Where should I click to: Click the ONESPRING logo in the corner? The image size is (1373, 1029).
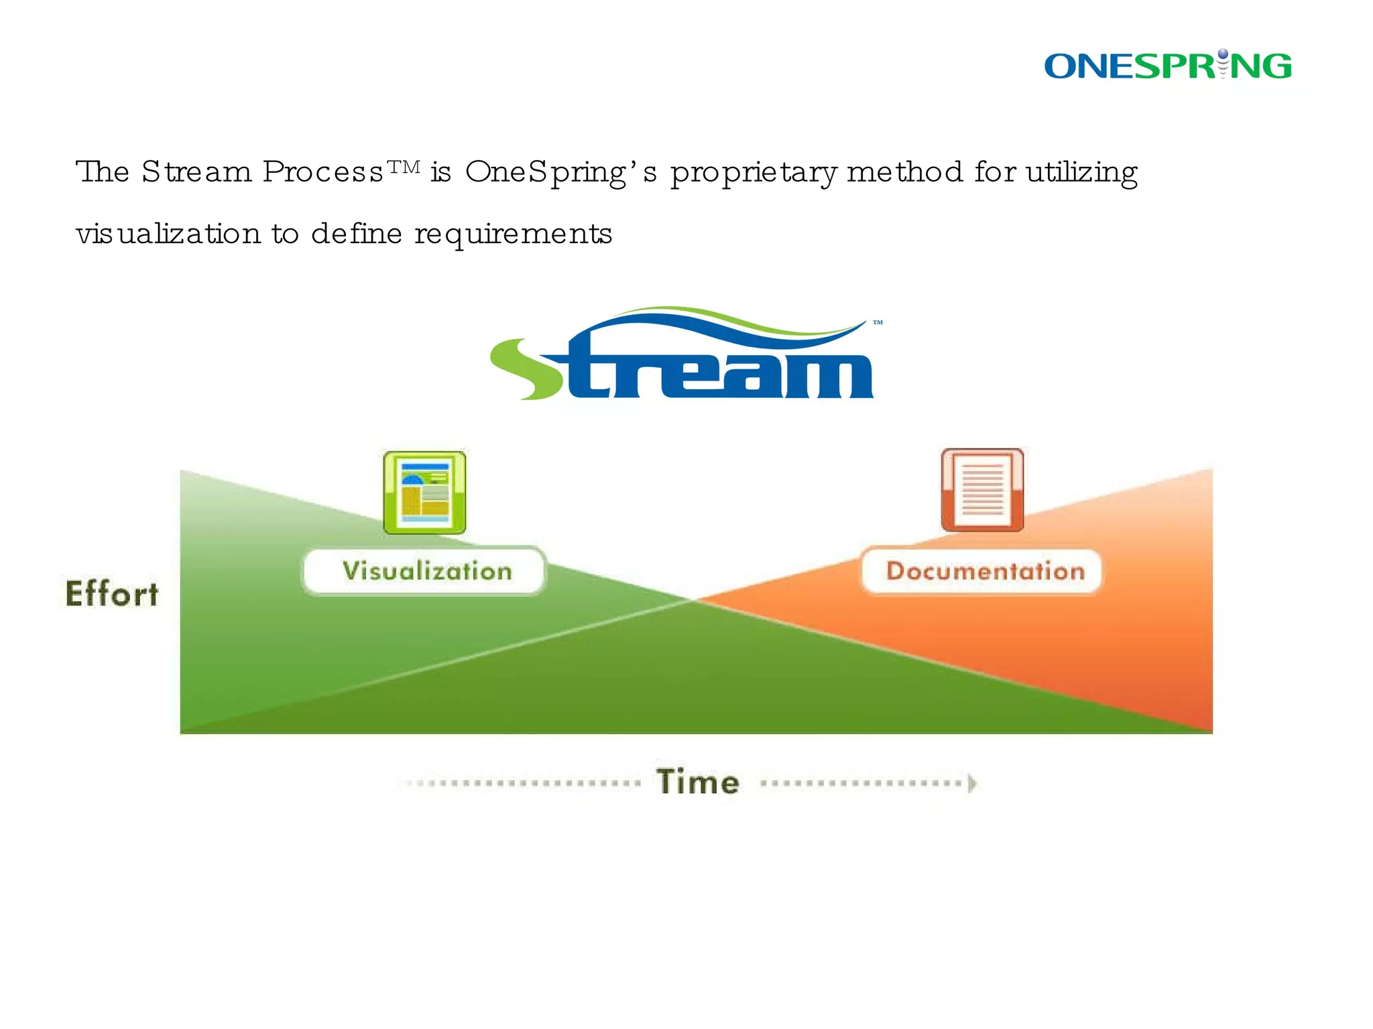click(x=1168, y=66)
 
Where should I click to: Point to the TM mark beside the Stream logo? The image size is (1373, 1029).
click(x=878, y=323)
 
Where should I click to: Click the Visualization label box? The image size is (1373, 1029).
click(x=425, y=571)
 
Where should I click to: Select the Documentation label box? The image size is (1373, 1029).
click(x=982, y=571)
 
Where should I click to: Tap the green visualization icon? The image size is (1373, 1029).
click(x=424, y=493)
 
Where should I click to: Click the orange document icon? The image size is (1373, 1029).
click(x=982, y=490)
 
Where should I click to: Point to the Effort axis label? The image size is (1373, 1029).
click(x=112, y=594)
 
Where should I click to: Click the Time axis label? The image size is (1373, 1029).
click(x=698, y=782)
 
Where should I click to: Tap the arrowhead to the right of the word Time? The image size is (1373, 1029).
click(x=972, y=782)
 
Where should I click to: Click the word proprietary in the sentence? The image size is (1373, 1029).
click(x=754, y=173)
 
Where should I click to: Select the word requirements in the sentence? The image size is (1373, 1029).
click(x=513, y=234)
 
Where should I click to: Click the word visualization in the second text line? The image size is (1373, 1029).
click(x=168, y=234)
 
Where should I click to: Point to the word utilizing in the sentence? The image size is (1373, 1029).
click(x=1081, y=173)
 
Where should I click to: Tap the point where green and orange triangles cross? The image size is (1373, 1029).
click(x=693, y=600)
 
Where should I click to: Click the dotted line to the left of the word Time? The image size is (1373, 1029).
click(x=523, y=782)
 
